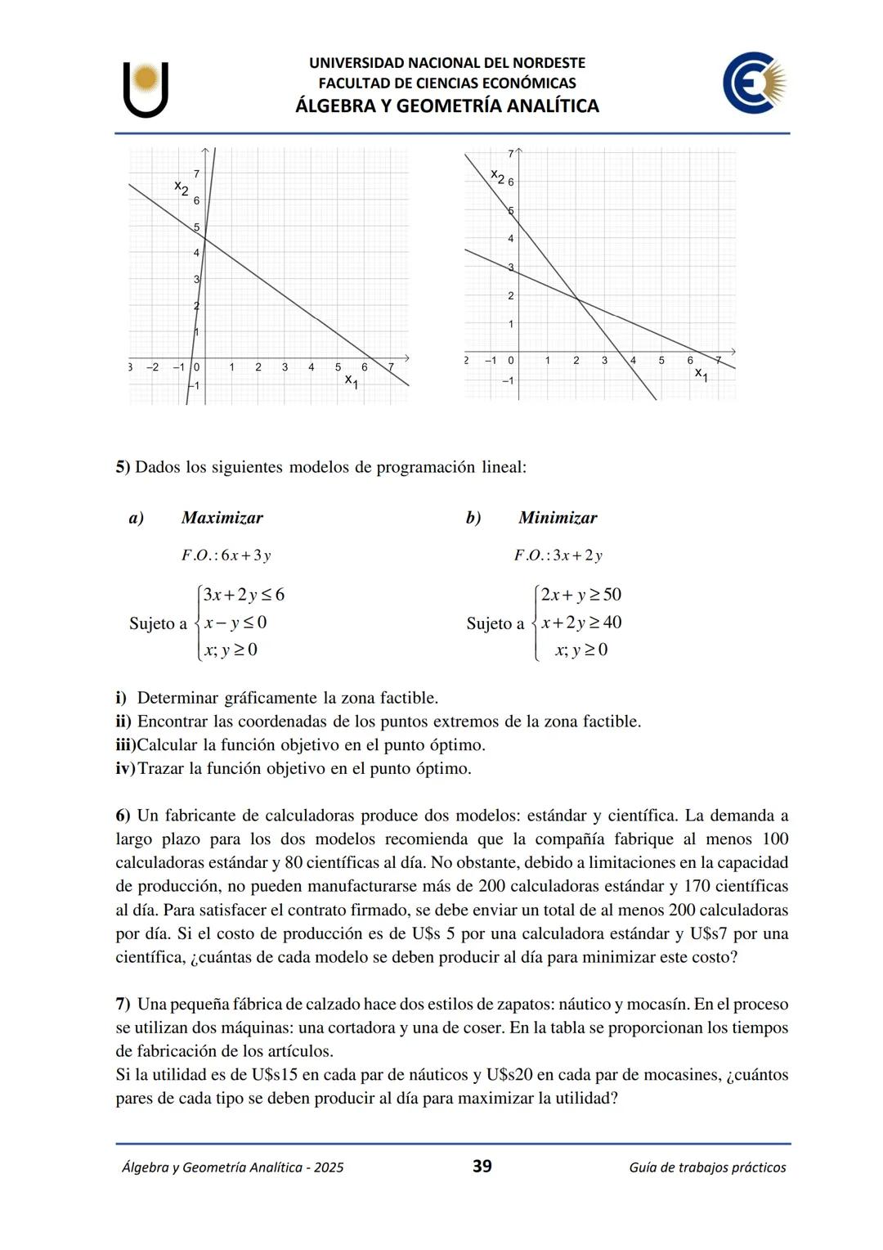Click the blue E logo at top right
(x=753, y=83)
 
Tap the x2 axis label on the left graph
(x=182, y=187)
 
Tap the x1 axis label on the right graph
(x=701, y=374)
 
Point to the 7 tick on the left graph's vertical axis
(x=195, y=173)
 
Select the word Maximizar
(x=222, y=518)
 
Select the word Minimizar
(x=558, y=518)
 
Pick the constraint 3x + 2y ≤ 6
(x=244, y=595)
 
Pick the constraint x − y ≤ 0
(x=235, y=623)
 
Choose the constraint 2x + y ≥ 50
(x=580, y=595)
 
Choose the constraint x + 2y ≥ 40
(x=580, y=623)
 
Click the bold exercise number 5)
(x=123, y=467)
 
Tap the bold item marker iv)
(x=124, y=769)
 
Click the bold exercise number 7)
(x=123, y=1004)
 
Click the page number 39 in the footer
(x=482, y=1167)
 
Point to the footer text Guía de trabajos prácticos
(x=707, y=1167)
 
